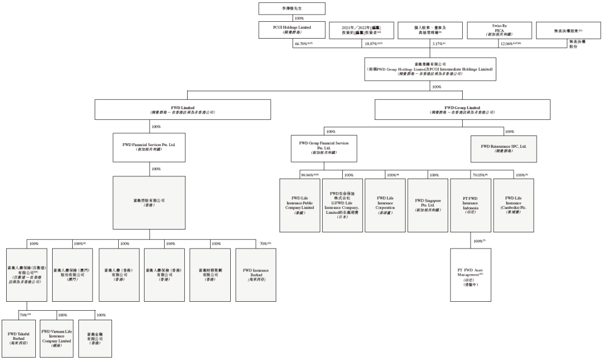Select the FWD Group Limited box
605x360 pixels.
click(x=462, y=110)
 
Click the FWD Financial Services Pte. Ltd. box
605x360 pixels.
click(x=148, y=147)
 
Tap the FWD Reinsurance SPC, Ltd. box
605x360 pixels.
click(x=503, y=147)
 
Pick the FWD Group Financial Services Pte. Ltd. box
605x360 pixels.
click(x=328, y=147)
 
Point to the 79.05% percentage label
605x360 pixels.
click(x=480, y=175)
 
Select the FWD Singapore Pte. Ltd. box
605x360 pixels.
click(x=427, y=205)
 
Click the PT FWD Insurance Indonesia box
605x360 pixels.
click(x=470, y=205)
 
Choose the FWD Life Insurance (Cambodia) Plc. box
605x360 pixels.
click(x=513, y=205)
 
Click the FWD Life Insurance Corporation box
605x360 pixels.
click(x=384, y=205)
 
